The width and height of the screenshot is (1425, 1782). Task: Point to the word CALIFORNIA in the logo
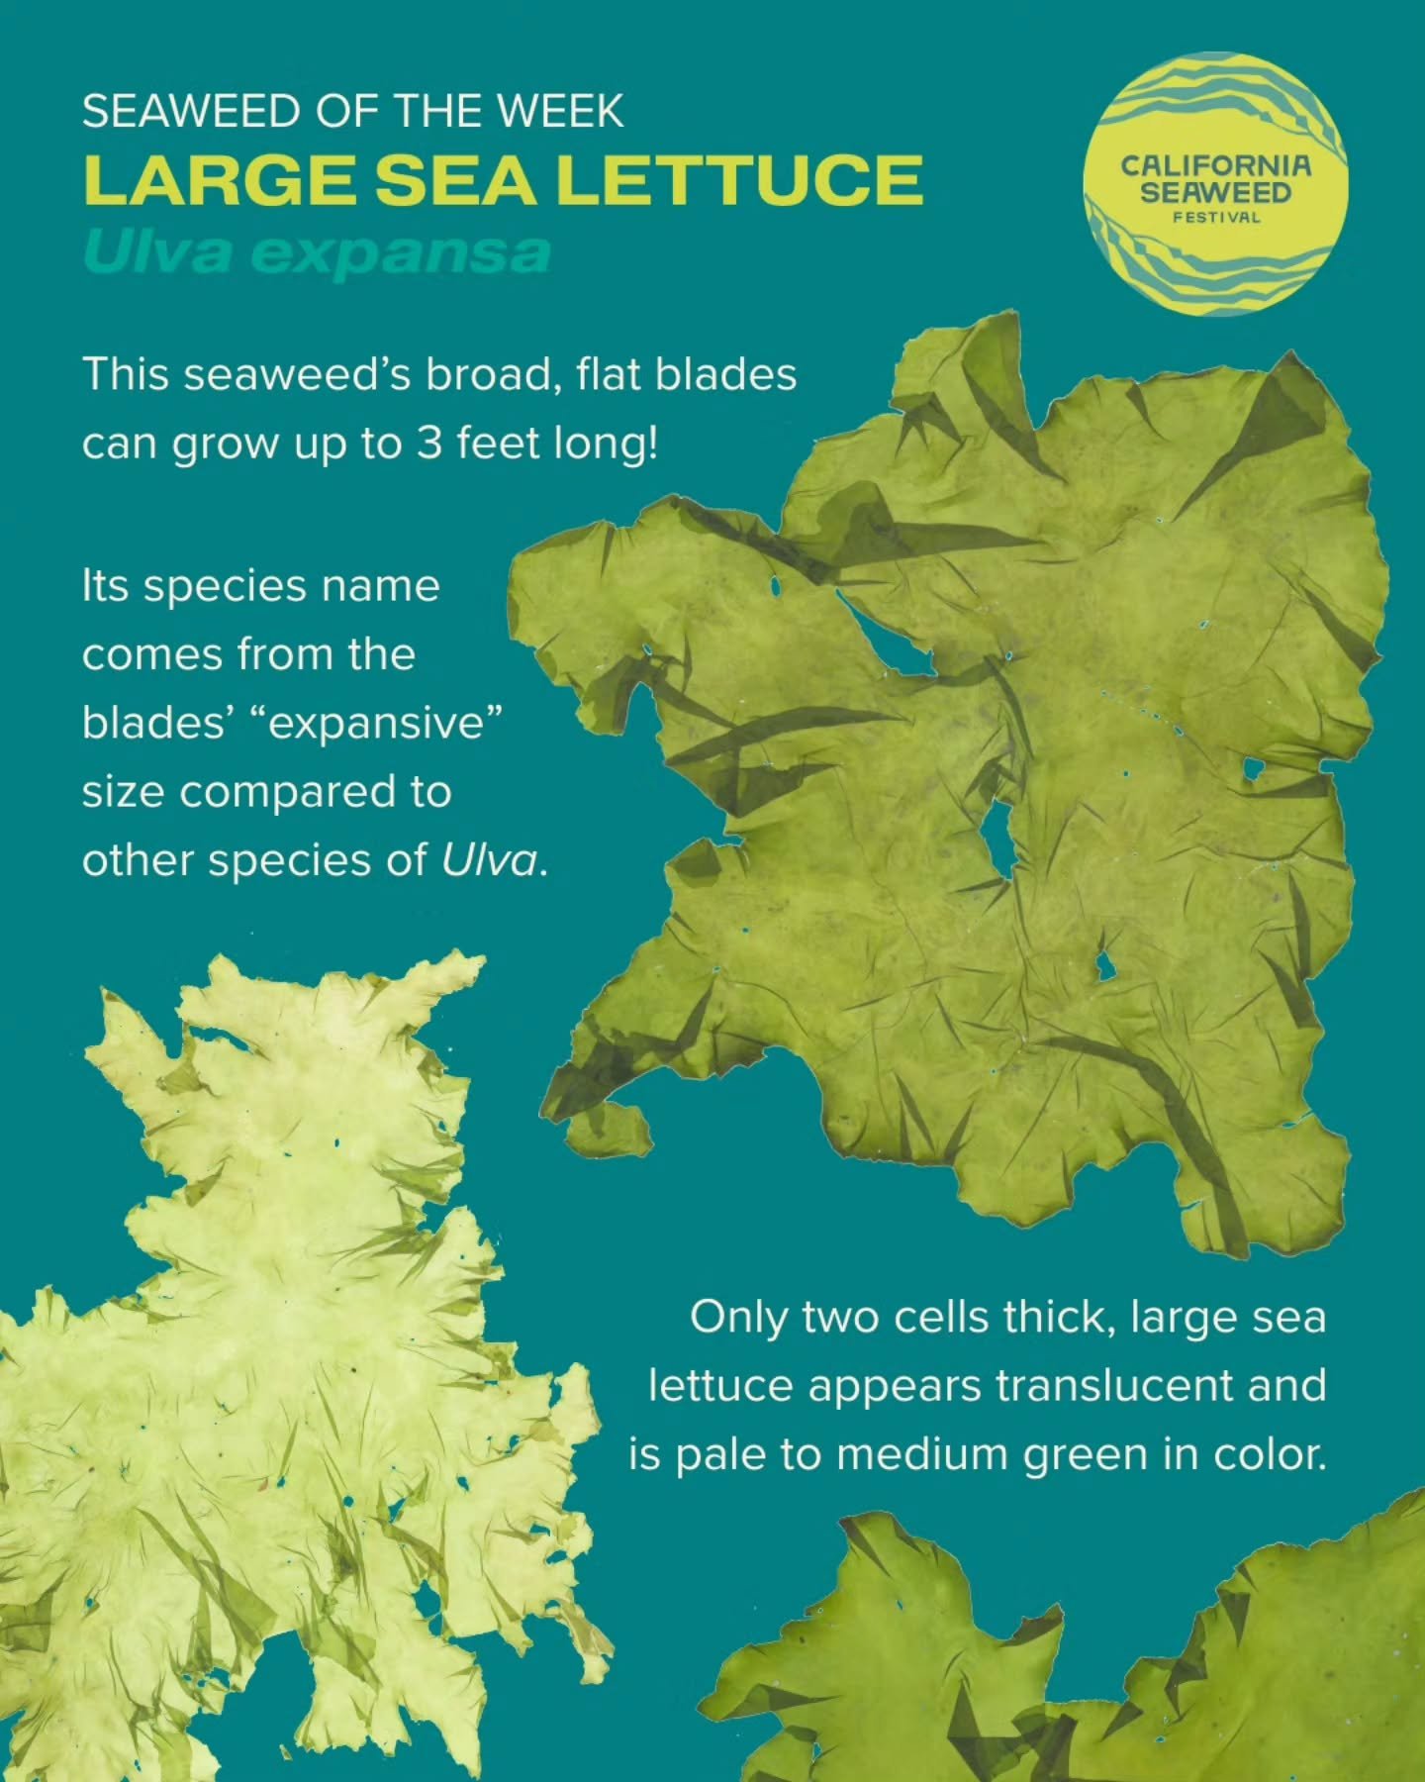pyautogui.click(x=1215, y=165)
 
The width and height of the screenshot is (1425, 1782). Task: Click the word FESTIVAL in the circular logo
pyautogui.click(x=1216, y=216)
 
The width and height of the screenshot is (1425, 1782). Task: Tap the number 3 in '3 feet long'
pyautogui.click(x=427, y=443)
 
